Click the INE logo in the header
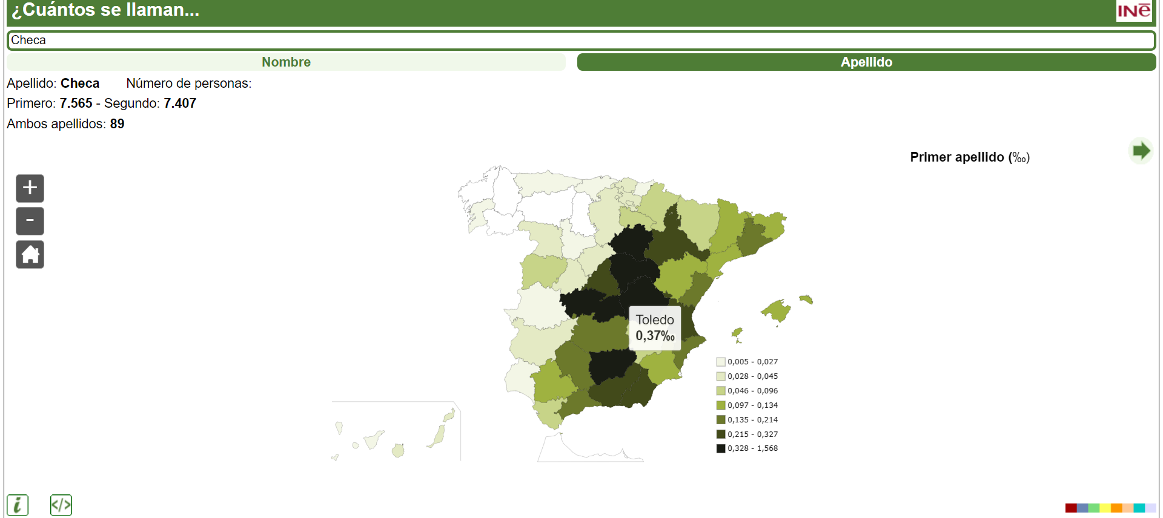click(1133, 11)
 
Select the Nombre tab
click(286, 62)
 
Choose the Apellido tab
click(866, 62)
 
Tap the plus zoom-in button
click(30, 188)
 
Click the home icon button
click(30, 255)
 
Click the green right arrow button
click(1141, 151)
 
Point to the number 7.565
click(76, 103)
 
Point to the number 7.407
click(180, 103)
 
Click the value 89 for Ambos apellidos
click(117, 124)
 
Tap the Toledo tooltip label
click(655, 328)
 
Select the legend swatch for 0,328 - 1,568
click(721, 448)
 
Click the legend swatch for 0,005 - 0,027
click(721, 362)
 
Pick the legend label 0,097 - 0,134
click(752, 405)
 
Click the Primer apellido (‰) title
click(969, 157)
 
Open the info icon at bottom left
click(18, 505)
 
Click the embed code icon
click(61, 505)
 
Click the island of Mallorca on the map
click(777, 311)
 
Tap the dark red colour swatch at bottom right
click(1070, 508)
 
